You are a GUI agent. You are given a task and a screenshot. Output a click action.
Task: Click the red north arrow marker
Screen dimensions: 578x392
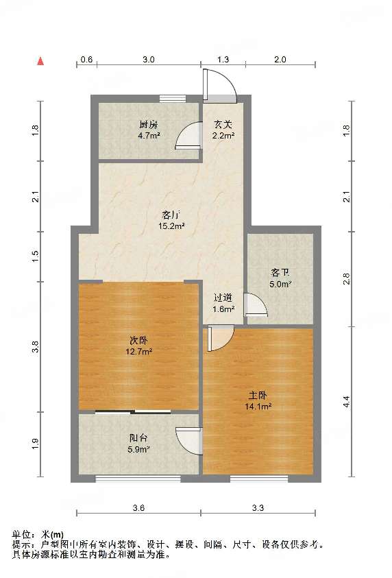(x=41, y=61)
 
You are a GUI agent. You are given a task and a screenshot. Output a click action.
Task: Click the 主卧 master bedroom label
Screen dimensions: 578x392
(x=260, y=396)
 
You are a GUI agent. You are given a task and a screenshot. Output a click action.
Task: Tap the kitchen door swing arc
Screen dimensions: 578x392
(x=187, y=138)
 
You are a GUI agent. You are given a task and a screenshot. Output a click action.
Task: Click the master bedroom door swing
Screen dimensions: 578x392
(x=221, y=338)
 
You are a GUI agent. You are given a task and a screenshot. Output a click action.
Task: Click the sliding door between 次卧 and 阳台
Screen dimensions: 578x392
(x=133, y=411)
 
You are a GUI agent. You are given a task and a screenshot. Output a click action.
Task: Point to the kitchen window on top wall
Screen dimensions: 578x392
(x=173, y=98)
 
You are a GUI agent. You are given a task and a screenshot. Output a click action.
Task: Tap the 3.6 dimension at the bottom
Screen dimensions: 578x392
(x=138, y=508)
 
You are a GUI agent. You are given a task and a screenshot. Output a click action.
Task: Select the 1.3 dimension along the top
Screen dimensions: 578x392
(x=223, y=60)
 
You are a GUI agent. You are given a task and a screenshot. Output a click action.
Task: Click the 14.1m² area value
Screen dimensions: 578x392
(x=260, y=406)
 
